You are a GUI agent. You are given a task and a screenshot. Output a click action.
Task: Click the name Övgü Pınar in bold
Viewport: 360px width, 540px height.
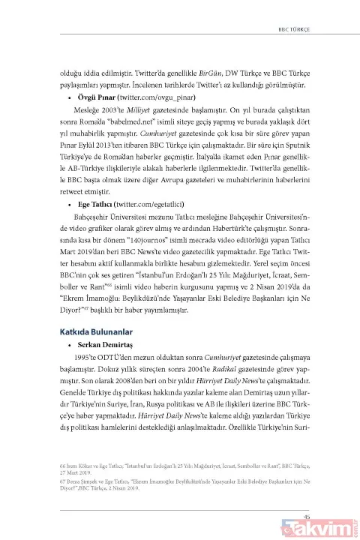95,97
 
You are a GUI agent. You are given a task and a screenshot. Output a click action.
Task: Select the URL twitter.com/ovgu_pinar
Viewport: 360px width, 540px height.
156,97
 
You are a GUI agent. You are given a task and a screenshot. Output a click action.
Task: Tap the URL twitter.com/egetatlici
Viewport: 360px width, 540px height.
154,203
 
